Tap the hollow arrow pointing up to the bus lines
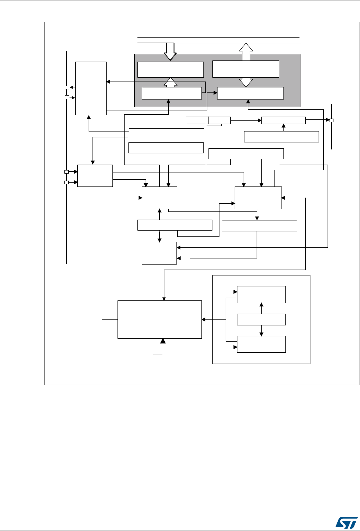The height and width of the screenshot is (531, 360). [x=246, y=51]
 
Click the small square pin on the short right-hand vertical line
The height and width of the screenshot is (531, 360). [x=331, y=120]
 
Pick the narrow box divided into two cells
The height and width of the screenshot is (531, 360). [x=208, y=120]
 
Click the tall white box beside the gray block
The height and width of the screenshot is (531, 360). [x=91, y=88]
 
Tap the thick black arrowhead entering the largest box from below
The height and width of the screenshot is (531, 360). [x=163, y=342]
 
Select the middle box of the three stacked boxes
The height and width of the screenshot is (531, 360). [x=261, y=320]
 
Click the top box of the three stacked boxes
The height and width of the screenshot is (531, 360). [x=261, y=294]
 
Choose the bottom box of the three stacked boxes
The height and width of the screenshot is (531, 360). [x=261, y=344]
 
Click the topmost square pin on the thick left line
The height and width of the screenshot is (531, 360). [x=67, y=87]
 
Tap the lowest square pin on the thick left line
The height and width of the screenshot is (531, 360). [x=66, y=182]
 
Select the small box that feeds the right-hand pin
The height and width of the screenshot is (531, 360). [x=283, y=120]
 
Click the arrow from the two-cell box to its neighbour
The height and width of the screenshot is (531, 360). [x=246, y=120]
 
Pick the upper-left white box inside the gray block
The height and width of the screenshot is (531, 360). [x=171, y=69]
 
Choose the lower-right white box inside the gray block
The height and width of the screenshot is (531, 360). [x=250, y=93]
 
